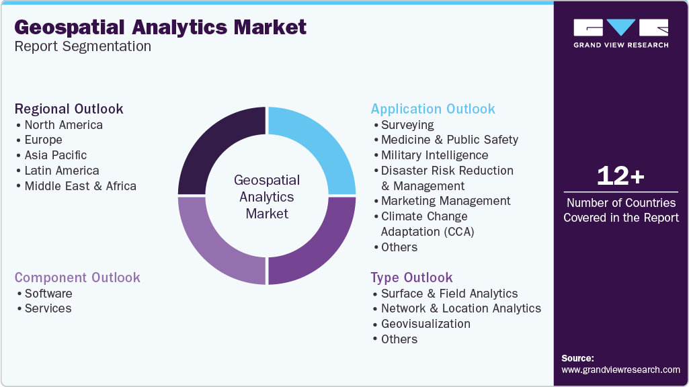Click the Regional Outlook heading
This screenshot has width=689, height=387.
pos(69,109)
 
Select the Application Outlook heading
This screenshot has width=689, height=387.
pos(433,109)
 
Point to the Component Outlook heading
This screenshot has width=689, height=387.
pos(77,277)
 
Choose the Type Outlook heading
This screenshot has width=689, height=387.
pos(411,277)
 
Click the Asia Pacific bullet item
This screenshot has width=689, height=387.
pos(55,155)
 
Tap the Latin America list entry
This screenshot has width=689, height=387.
pos(62,171)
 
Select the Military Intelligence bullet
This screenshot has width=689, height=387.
pos(435,155)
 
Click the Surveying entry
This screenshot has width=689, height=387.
pos(407,125)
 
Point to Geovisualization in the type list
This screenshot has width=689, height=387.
pos(425,324)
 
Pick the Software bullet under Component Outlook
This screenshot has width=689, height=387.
pos(48,294)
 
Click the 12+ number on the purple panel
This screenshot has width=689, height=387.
pos(620,176)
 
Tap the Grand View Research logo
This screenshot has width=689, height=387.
pos(621,34)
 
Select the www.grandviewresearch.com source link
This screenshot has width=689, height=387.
pos(620,370)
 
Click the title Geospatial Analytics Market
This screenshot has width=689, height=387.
pos(161,28)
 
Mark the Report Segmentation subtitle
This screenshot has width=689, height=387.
pos(83,46)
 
